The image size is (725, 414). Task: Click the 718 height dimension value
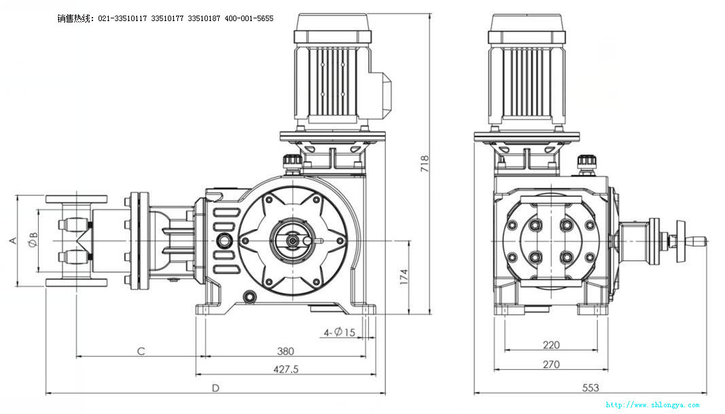coord(425,162)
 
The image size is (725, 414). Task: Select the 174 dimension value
coord(403,276)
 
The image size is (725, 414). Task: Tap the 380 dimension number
coord(285,351)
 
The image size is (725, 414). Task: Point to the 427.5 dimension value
coord(285,368)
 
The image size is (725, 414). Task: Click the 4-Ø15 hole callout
coord(340,332)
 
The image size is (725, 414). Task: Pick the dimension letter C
coord(141,351)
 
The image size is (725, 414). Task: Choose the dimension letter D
coord(215,388)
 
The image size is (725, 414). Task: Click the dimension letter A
coord(12,241)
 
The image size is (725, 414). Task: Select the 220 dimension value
coord(551,345)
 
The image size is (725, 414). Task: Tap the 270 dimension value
coord(551,364)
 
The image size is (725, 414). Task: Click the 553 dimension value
coord(590,387)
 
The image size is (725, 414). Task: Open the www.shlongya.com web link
coord(652,405)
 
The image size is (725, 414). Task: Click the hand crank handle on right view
coord(692,241)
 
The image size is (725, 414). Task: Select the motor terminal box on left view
coord(381,88)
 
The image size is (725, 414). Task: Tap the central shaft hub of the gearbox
coord(293,239)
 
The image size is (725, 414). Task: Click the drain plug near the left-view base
coord(251,296)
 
